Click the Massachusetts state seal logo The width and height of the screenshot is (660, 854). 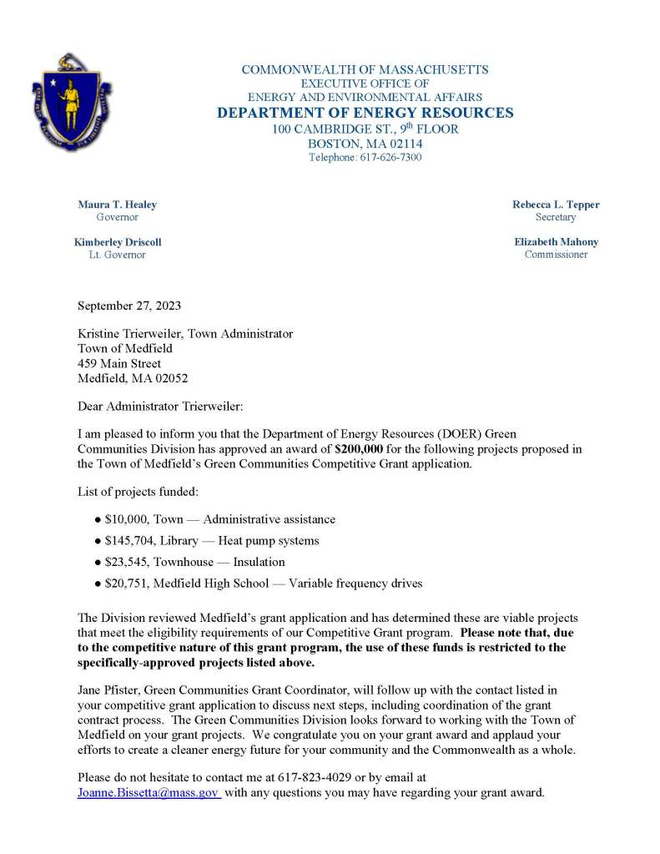point(72,103)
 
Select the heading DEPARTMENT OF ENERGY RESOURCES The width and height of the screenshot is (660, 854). point(365,114)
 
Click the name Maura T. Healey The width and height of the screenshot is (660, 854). point(117,205)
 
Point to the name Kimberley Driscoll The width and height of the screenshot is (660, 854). point(117,242)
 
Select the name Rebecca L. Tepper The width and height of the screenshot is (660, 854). point(556,205)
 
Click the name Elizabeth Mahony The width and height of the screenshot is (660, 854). point(556,242)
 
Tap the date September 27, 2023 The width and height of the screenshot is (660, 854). point(128,306)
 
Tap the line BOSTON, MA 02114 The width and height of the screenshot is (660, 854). point(365,144)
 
